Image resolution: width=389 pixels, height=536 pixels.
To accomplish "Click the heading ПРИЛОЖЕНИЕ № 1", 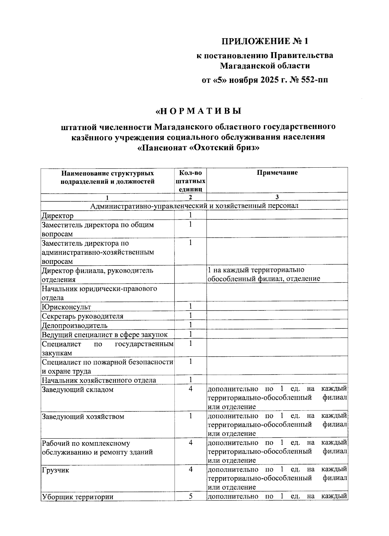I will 264,41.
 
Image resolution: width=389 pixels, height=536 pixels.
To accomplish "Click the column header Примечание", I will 277,173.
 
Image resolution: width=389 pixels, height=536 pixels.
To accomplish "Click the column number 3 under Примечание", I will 277,197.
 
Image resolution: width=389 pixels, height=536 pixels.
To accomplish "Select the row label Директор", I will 58,216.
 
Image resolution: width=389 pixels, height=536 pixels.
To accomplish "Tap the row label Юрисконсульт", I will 66,307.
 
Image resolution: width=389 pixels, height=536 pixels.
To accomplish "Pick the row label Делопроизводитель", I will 75,325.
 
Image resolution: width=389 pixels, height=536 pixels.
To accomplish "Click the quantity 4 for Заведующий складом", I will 191,389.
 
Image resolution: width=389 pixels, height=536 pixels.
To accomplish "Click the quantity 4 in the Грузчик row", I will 191,469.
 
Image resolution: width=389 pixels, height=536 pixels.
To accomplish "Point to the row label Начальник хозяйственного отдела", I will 99,380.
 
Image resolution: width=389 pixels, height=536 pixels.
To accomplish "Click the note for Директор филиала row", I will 264,274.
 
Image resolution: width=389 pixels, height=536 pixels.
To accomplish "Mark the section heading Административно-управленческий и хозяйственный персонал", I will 194,206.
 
